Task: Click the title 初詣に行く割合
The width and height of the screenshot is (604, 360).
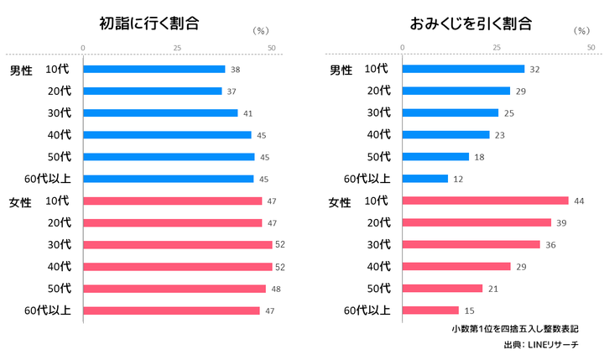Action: tap(149, 23)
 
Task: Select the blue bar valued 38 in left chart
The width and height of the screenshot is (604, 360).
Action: tap(154, 69)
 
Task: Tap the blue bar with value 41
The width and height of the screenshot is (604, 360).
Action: tap(160, 112)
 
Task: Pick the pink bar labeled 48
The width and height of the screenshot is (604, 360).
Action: tap(174, 289)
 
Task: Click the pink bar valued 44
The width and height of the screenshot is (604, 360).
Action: tap(486, 201)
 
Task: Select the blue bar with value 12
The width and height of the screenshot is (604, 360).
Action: tap(425, 178)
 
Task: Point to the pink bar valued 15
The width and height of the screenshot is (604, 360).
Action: tap(431, 310)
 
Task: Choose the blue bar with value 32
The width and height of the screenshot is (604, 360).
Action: tap(463, 69)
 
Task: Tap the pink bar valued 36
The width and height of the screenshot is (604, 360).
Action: tap(471, 244)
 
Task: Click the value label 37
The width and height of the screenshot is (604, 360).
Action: tap(231, 91)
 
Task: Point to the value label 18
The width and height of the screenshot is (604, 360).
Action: tap(478, 156)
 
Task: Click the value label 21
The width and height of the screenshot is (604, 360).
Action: tap(492, 289)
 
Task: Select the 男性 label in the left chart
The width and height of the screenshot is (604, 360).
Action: tap(20, 70)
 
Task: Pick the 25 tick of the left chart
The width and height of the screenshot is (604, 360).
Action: tap(177, 47)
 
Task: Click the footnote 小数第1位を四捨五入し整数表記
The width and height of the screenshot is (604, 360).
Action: tap(514, 328)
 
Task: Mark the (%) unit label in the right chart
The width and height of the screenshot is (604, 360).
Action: tap(581, 30)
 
